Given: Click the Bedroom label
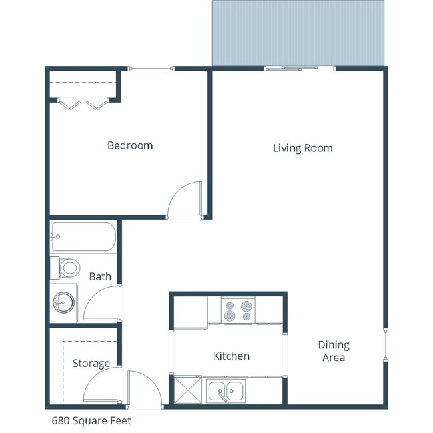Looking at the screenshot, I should pos(130,145).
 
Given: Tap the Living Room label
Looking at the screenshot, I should pos(302,148).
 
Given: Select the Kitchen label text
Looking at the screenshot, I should pos(231,356).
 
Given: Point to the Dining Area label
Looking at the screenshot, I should pos(334,351).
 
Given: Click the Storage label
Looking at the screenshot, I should pos(91,364).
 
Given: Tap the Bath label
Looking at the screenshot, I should pos(100,277).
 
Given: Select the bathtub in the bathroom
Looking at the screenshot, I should pos(83,237).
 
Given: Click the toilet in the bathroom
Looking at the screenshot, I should pos(67,268).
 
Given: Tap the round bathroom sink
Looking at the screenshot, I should pos(64,302).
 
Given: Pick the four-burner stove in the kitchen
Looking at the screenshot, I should pos(238,310).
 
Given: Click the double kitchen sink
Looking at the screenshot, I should pos(226,391).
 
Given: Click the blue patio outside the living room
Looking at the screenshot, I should pos(298,33).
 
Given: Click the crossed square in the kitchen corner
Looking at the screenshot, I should pos(187,390).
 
